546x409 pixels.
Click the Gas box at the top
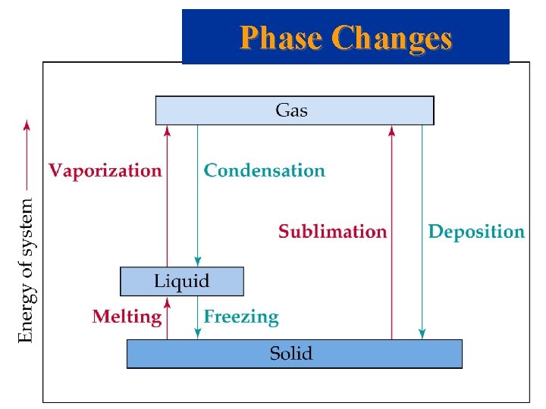[x=294, y=111]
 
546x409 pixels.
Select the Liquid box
[x=182, y=281]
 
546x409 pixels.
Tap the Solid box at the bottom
[x=294, y=354]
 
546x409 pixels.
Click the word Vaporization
[x=105, y=170]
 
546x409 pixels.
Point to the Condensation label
[x=264, y=170]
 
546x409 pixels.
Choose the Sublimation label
[x=332, y=232]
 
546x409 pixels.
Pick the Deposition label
[x=476, y=232]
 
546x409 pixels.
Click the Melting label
[x=127, y=317]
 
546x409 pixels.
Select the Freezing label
[x=241, y=317]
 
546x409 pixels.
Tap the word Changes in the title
[x=392, y=37]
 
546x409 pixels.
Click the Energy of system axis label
[x=26, y=270]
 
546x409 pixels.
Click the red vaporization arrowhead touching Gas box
[x=168, y=130]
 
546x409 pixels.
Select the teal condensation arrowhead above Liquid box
[x=197, y=261]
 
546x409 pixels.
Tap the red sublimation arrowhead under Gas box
[x=391, y=130]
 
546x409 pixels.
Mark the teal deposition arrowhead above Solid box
[x=422, y=334]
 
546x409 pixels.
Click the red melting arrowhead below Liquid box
[x=168, y=301]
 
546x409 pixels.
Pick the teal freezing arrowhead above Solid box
[x=197, y=334]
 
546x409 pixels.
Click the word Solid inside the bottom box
[x=291, y=354]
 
